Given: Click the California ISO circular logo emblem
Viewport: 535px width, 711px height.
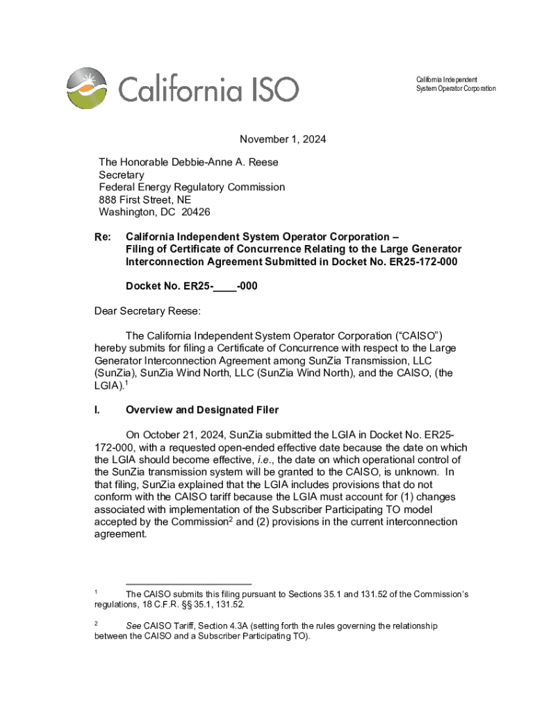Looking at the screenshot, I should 87,89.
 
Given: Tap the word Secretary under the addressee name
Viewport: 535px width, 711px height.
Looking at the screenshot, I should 122,175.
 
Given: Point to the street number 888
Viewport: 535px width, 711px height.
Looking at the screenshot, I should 108,199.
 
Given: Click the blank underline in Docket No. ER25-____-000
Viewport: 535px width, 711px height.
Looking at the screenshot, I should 225,286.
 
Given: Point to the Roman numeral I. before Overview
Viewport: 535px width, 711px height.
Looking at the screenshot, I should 97,410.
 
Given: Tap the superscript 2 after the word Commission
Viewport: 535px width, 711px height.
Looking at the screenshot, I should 231,519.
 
